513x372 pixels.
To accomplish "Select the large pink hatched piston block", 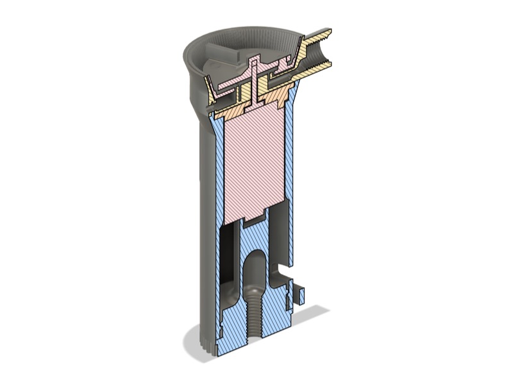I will pos(253,160).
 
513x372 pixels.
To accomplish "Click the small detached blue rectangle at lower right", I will pos(299,294).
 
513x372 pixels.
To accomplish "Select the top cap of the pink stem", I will pos(254,61).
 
